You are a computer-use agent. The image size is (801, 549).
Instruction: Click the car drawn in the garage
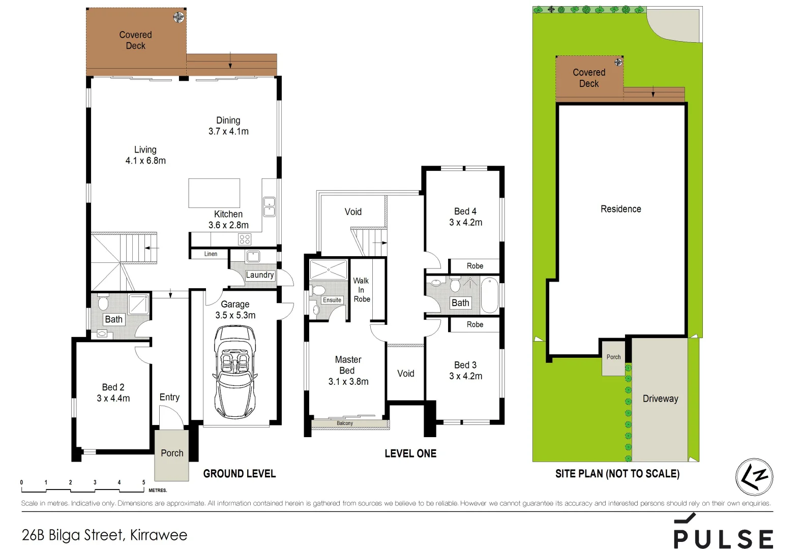pyautogui.click(x=235, y=371)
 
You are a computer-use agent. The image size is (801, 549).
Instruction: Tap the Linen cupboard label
pyautogui.click(x=211, y=254)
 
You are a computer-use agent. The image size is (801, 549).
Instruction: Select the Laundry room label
pyautogui.click(x=260, y=275)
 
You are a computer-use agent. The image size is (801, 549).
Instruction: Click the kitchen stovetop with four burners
pyautogui.click(x=245, y=239)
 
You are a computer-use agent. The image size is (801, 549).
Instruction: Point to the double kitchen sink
pyautogui.click(x=269, y=207)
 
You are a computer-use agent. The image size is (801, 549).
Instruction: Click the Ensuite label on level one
pyautogui.click(x=332, y=300)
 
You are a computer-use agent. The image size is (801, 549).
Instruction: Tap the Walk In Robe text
pyautogui.click(x=362, y=290)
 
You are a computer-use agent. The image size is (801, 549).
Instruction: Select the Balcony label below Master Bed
pyautogui.click(x=344, y=423)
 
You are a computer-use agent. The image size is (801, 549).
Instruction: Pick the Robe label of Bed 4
pyautogui.click(x=474, y=266)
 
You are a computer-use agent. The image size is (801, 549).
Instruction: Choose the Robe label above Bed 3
pyautogui.click(x=474, y=324)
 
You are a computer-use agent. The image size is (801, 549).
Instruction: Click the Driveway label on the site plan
pyautogui.click(x=660, y=399)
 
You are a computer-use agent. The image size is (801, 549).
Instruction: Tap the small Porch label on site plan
pyautogui.click(x=613, y=357)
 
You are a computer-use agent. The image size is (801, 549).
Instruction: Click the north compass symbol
pyautogui.click(x=754, y=477)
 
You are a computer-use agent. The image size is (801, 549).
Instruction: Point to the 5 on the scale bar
pyautogui.click(x=143, y=482)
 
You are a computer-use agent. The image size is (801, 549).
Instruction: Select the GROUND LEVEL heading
pyautogui.click(x=239, y=474)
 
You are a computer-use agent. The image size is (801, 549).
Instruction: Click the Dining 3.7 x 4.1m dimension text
pyautogui.click(x=228, y=131)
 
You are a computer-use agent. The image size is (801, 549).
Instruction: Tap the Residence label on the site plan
pyautogui.click(x=620, y=209)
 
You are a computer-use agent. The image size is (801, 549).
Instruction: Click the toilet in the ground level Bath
pyautogui.click(x=103, y=303)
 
